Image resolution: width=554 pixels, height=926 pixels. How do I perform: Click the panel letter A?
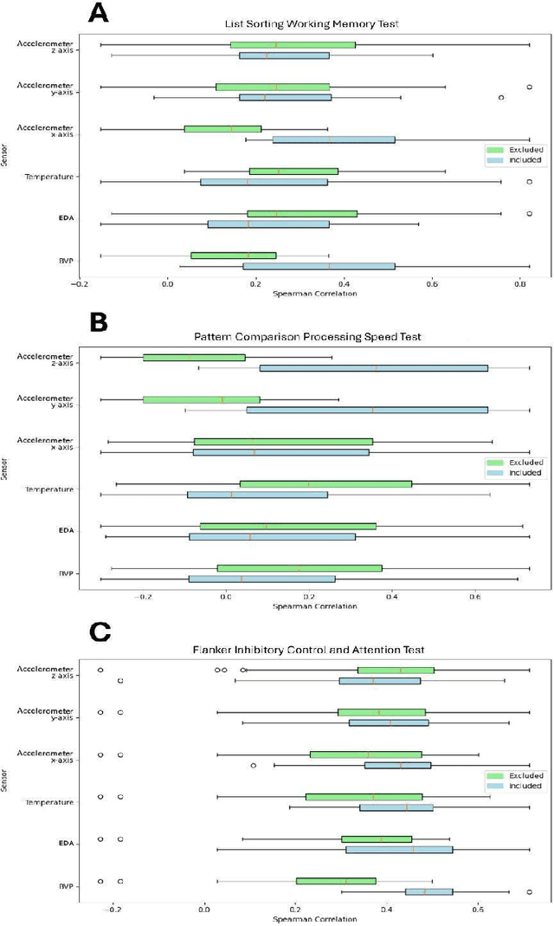pyautogui.click(x=100, y=13)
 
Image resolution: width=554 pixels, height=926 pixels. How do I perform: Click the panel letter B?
pyautogui.click(x=100, y=322)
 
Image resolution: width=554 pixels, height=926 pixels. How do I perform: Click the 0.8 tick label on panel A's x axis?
pyautogui.click(x=520, y=284)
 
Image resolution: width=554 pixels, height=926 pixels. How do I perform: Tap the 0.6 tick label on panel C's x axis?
pyautogui.click(x=478, y=910)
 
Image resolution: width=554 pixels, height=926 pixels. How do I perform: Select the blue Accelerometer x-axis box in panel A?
pyautogui.click(x=333, y=139)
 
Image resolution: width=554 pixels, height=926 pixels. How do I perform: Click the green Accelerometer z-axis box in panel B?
pyautogui.click(x=194, y=357)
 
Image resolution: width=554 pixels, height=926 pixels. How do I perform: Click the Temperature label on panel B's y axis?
pyautogui.click(x=53, y=490)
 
